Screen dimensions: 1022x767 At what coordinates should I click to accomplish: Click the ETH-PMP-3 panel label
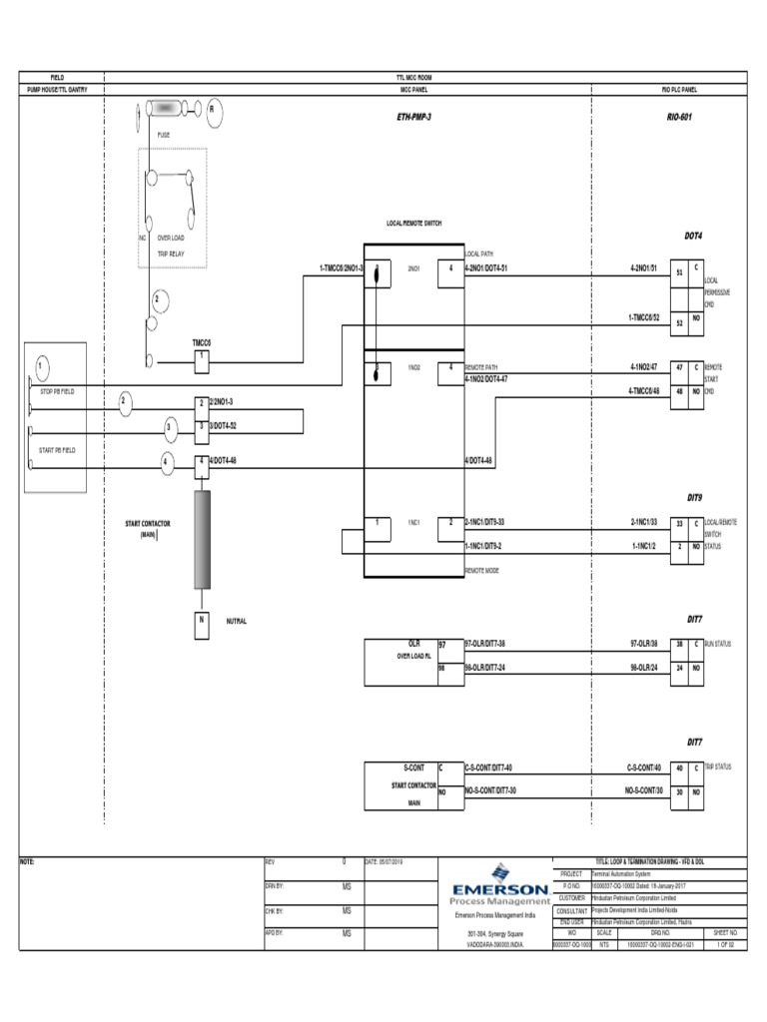pyautogui.click(x=413, y=118)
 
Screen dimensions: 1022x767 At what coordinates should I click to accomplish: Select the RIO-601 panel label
pyautogui.click(x=680, y=118)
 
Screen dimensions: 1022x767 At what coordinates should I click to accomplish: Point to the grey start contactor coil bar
pyautogui.click(x=201, y=539)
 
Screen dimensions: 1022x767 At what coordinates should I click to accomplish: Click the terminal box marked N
pyautogui.click(x=201, y=621)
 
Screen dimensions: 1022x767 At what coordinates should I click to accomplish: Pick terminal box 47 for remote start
pyautogui.click(x=679, y=368)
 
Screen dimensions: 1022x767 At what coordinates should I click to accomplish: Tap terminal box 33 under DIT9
pyautogui.click(x=679, y=522)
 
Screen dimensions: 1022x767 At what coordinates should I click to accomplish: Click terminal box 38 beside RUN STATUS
pyautogui.click(x=679, y=645)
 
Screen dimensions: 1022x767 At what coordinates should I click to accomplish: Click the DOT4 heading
pyautogui.click(x=692, y=237)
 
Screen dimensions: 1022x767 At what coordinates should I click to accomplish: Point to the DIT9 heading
pyautogui.click(x=694, y=496)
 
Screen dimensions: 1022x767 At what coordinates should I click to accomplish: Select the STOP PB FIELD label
pyautogui.click(x=57, y=391)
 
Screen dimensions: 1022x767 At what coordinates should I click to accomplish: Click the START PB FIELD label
pyautogui.click(x=57, y=450)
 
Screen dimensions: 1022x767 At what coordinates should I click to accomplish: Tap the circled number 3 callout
pyautogui.click(x=170, y=428)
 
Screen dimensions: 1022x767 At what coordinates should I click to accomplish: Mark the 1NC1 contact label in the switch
pyautogui.click(x=412, y=522)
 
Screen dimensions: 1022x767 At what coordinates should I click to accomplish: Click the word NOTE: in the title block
pyautogui.click(x=28, y=860)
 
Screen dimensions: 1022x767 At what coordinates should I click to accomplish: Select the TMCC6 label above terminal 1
pyautogui.click(x=202, y=341)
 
